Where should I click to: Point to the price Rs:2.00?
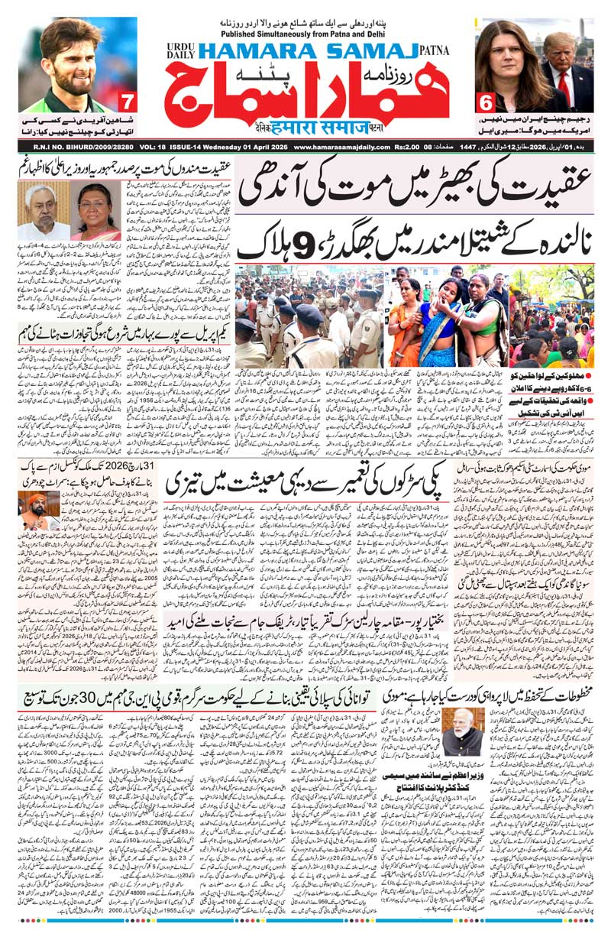(x=412, y=147)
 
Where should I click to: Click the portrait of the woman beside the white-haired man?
(x=95, y=210)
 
